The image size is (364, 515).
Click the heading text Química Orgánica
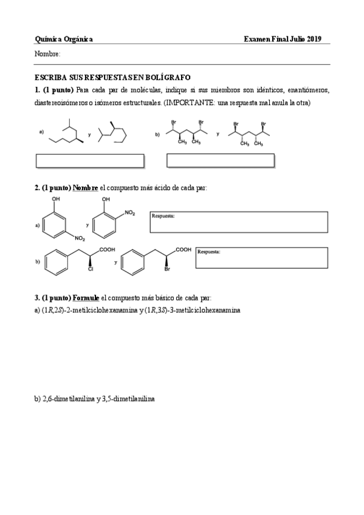[64, 39]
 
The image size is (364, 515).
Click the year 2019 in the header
[314, 39]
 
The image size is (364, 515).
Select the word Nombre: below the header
[47, 55]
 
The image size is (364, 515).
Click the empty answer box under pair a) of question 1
[90, 161]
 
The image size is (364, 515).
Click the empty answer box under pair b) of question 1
[220, 160]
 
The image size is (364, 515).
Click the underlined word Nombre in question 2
[85, 188]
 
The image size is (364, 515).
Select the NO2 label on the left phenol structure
[80, 239]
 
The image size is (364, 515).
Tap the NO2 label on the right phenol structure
[130, 213]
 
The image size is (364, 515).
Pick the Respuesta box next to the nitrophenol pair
[238, 222]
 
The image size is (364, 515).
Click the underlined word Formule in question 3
[86, 298]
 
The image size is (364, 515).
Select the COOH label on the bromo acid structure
[183, 250]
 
